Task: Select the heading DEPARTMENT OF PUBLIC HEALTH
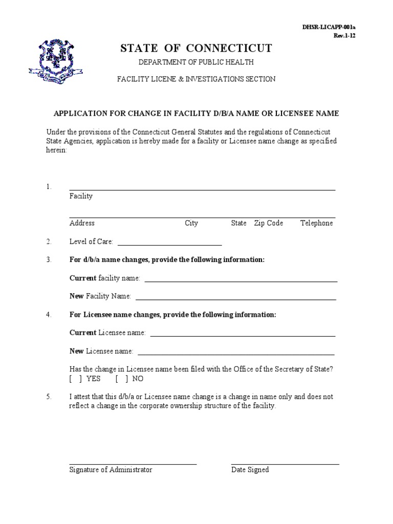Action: point(196,62)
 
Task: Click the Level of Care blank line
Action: point(169,244)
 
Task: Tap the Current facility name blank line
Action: point(241,280)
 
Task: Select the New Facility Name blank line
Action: point(235,298)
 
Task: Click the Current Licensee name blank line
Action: point(243,335)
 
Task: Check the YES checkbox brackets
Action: point(76,379)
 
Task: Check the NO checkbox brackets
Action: point(122,379)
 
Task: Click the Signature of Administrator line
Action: point(133,464)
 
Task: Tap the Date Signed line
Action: point(285,464)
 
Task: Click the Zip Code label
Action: point(268,223)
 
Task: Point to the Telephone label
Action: point(316,223)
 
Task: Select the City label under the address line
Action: point(191,223)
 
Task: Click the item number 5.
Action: point(49,397)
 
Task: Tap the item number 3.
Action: point(49,260)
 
